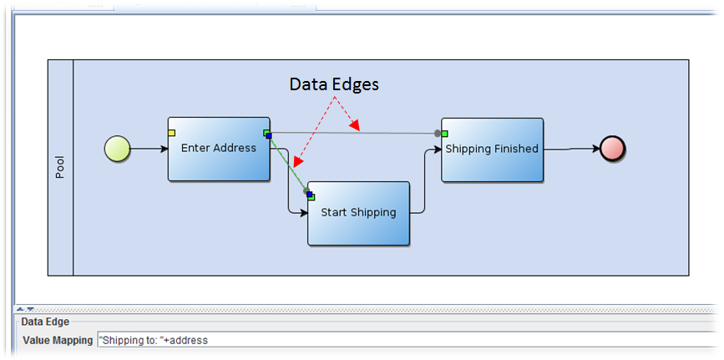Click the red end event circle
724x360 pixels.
coord(612,150)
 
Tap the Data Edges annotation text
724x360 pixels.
coord(334,84)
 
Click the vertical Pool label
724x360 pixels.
coord(60,167)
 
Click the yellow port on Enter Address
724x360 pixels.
coord(171,132)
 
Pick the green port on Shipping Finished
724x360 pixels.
coord(446,133)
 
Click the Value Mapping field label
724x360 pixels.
coord(58,340)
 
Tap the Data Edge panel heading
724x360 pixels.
coord(45,321)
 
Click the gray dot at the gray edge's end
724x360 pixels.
coord(437,133)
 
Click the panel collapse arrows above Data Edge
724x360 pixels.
coord(25,309)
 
